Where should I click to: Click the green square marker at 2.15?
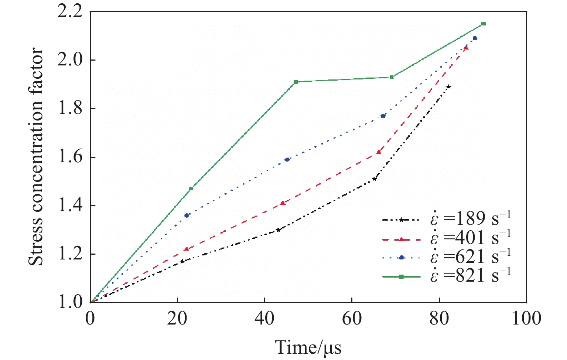tap(483, 24)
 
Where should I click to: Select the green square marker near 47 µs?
tap(296, 82)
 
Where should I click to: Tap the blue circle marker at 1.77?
tap(383, 116)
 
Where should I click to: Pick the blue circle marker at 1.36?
tap(187, 215)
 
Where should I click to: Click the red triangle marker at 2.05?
tap(466, 47)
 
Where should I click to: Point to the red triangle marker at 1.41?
tap(283, 203)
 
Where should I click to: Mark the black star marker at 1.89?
tap(449, 86)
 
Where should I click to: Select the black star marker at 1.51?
tap(375, 179)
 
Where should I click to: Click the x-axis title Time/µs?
tap(308, 347)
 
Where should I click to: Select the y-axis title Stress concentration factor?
tap(36, 157)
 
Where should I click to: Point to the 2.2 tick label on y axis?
tap(70, 12)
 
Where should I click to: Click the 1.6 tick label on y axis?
tap(70, 157)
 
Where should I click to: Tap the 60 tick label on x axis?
tap(352, 319)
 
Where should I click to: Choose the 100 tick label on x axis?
tap(526, 319)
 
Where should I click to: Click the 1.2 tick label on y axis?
tap(70, 254)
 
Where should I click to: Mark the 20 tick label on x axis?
tap(178, 319)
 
